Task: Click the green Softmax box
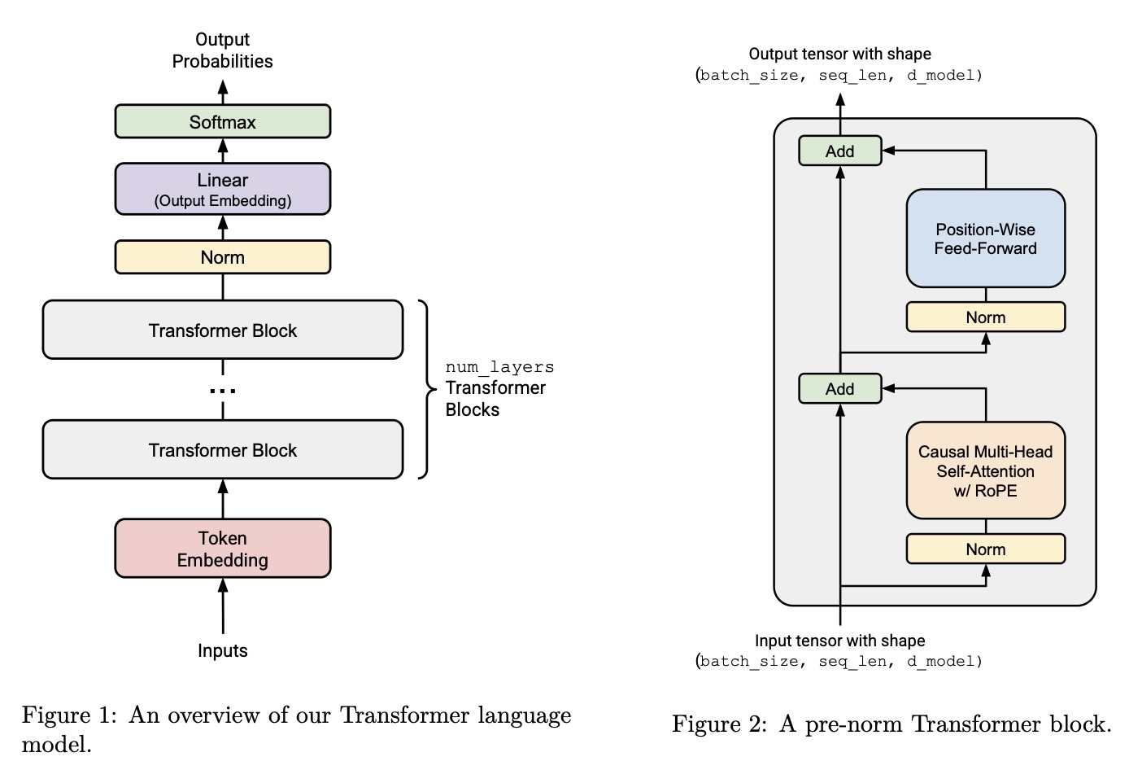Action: (x=222, y=122)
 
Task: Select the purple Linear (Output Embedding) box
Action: (x=222, y=189)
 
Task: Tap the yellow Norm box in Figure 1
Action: (x=222, y=257)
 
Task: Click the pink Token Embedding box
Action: (x=222, y=549)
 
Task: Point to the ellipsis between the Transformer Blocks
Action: (x=222, y=392)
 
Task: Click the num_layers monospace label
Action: (x=499, y=367)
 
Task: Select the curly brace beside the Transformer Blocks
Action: (x=425, y=390)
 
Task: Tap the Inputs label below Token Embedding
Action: (x=222, y=650)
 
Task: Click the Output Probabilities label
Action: (x=222, y=50)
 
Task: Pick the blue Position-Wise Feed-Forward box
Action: (x=985, y=238)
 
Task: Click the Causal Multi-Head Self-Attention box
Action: (x=985, y=470)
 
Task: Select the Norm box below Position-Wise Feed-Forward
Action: (x=985, y=317)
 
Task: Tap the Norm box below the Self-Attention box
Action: (x=985, y=549)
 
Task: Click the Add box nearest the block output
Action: (x=839, y=151)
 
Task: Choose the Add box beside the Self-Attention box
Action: (x=839, y=389)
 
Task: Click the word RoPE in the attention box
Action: (x=996, y=491)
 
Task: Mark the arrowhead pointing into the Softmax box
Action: (x=223, y=147)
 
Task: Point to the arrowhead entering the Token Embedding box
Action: (x=223, y=585)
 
